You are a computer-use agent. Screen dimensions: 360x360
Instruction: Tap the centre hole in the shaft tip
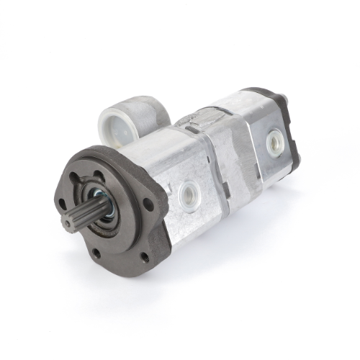[67, 224]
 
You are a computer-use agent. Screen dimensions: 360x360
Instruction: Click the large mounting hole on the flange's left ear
[61, 204]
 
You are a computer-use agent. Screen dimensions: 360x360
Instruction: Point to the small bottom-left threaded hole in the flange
[96, 253]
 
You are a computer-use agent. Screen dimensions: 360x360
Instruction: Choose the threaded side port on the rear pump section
[274, 142]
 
